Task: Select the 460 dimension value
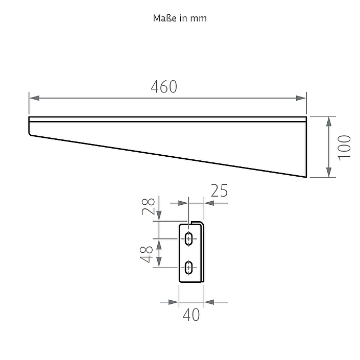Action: (x=164, y=87)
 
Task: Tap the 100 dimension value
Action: (x=344, y=148)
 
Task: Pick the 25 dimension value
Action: (x=219, y=190)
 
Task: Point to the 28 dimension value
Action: (x=148, y=206)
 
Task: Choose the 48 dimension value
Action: (x=146, y=254)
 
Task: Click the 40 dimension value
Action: (x=191, y=315)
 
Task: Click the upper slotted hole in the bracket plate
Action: (x=189, y=239)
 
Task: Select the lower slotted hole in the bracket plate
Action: (x=189, y=268)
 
